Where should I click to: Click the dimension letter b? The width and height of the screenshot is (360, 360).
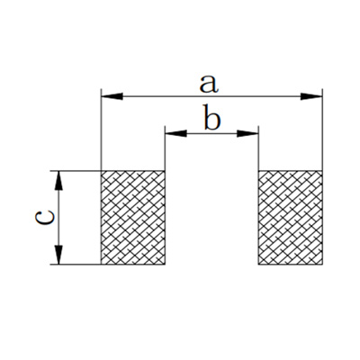(212, 117)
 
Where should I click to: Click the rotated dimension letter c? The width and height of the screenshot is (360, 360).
(45, 217)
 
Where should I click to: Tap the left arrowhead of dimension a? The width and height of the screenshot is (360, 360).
(112, 96)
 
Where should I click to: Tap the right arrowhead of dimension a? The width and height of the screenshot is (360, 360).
(311, 96)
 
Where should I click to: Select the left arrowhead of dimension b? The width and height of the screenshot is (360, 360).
(175, 133)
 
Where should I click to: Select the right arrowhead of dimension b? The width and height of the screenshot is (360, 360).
(247, 133)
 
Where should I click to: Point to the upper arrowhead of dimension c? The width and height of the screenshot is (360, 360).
(59, 181)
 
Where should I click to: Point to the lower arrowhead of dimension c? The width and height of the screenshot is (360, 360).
(59, 255)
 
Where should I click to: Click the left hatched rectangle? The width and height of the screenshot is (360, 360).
(133, 218)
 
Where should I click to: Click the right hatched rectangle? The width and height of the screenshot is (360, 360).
(291, 218)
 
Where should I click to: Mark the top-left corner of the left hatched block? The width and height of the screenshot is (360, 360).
(102, 171)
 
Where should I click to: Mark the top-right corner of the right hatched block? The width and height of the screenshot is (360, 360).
(322, 171)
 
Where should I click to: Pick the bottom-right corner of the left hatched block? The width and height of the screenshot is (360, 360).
(165, 265)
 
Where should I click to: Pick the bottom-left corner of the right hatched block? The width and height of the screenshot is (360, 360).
(258, 265)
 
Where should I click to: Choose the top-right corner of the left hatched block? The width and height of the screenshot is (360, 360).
(165, 171)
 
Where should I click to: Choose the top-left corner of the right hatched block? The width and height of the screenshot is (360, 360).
(258, 171)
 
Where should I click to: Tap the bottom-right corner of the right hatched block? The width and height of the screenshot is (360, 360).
(322, 265)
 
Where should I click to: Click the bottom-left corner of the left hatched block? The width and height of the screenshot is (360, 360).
(102, 265)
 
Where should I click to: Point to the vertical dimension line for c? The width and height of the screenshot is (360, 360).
(59, 218)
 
